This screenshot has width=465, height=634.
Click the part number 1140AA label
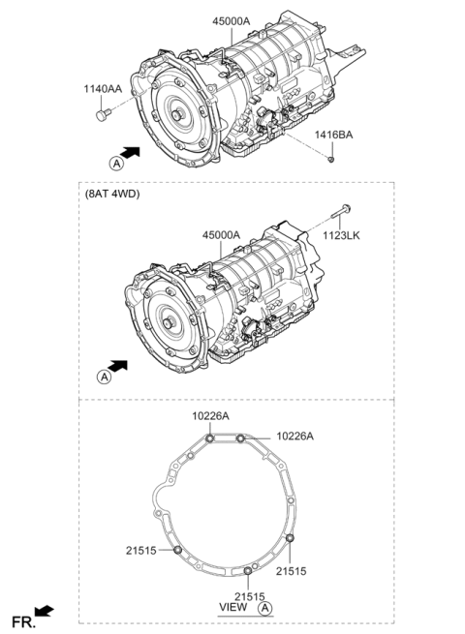pyautogui.click(x=103, y=88)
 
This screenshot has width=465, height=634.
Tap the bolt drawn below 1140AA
pyautogui.click(x=103, y=114)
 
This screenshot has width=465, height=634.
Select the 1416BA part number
pyautogui.click(x=334, y=135)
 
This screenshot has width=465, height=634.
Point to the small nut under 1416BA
pyautogui.click(x=330, y=160)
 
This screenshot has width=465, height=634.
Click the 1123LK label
pyautogui.click(x=341, y=235)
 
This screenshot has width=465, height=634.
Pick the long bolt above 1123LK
pyautogui.click(x=341, y=211)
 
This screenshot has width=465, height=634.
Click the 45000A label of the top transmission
pyautogui.click(x=232, y=21)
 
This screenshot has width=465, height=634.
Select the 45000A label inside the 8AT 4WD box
pyautogui.click(x=222, y=234)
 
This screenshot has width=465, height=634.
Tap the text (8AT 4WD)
pyautogui.click(x=112, y=195)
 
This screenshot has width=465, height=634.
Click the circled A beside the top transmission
pyautogui.click(x=116, y=164)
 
